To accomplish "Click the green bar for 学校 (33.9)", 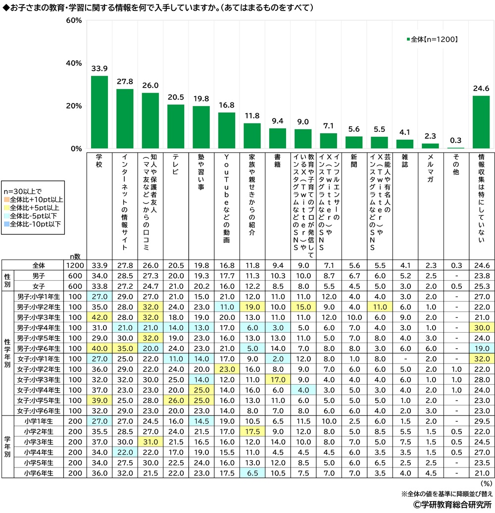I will point(99,112).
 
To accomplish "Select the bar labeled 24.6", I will point(481,122).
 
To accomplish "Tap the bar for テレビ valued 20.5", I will point(176,127).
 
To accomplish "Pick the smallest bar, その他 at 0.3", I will point(455,148).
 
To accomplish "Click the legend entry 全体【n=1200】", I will point(431,39).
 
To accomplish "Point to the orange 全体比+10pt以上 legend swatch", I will point(6,199).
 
